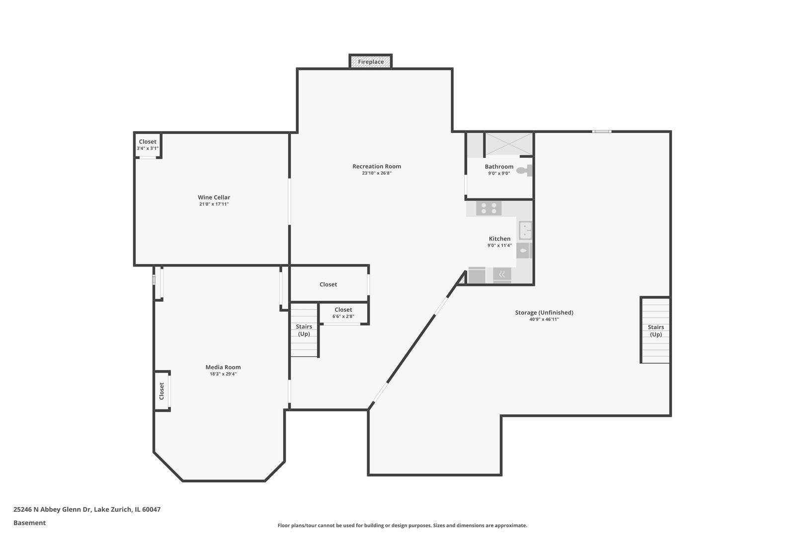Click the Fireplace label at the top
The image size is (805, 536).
(371, 62)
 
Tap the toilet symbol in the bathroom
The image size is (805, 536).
(523, 171)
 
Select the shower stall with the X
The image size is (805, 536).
(508, 144)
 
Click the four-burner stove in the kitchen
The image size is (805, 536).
(489, 208)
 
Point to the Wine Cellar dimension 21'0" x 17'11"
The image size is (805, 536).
(214, 204)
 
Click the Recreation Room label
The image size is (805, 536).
(377, 166)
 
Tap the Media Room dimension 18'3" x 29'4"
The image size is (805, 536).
(223, 374)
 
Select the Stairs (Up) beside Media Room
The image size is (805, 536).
(304, 330)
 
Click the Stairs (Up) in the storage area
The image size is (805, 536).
(655, 331)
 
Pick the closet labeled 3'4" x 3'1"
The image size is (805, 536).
(148, 145)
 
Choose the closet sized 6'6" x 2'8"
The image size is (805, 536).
(343, 313)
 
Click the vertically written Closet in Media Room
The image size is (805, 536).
(161, 391)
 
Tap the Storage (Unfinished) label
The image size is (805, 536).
(544, 313)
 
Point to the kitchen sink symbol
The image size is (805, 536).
(525, 230)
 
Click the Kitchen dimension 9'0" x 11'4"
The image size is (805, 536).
(499, 245)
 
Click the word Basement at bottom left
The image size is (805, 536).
(29, 523)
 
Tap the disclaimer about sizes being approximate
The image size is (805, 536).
(402, 525)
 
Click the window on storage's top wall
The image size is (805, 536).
(602, 132)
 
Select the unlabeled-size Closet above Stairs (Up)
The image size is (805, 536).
(328, 284)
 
